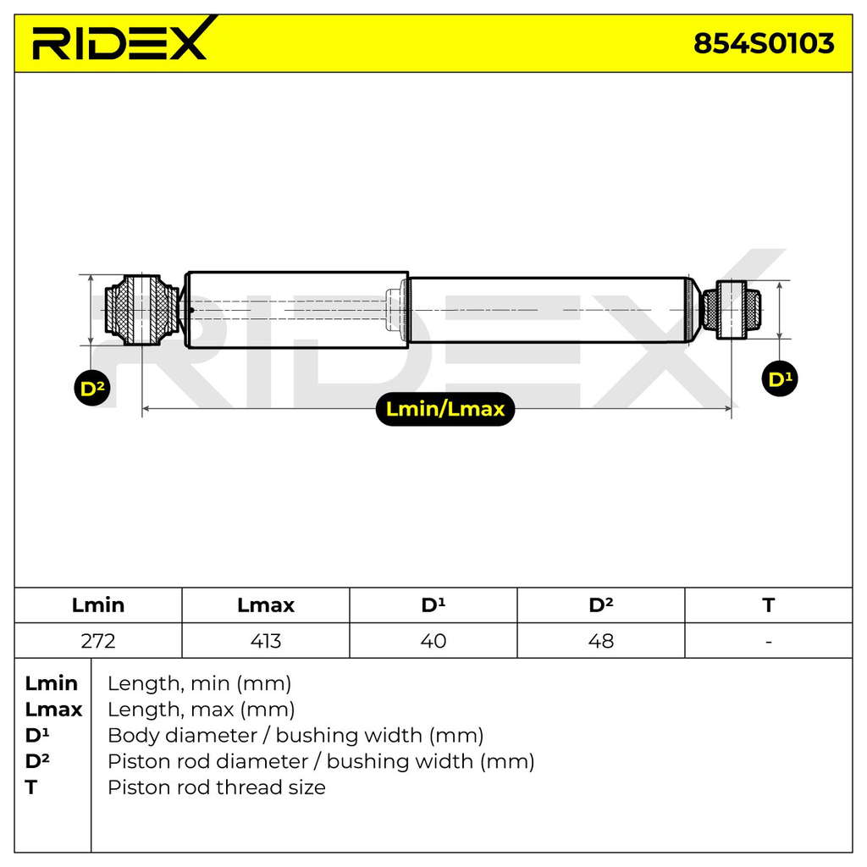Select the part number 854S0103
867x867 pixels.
(764, 43)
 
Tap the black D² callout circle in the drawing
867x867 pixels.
(91, 388)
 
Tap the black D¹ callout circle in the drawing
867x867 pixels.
(780, 378)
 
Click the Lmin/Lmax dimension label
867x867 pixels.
(445, 409)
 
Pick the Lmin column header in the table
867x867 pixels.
(98, 605)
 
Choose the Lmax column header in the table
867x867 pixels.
(265, 605)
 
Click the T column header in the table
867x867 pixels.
(768, 605)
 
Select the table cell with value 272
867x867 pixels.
(98, 641)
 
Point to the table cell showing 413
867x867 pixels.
(265, 641)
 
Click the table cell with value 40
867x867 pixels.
(433, 641)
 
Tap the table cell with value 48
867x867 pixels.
(600, 641)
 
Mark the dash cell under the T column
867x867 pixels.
(769, 642)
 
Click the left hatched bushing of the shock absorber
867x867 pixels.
(142, 310)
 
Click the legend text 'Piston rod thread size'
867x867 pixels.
(216, 787)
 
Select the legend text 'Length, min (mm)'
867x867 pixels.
(199, 683)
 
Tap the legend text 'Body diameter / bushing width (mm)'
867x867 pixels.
(295, 736)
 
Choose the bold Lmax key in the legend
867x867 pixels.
(53, 709)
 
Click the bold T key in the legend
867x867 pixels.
(31, 787)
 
